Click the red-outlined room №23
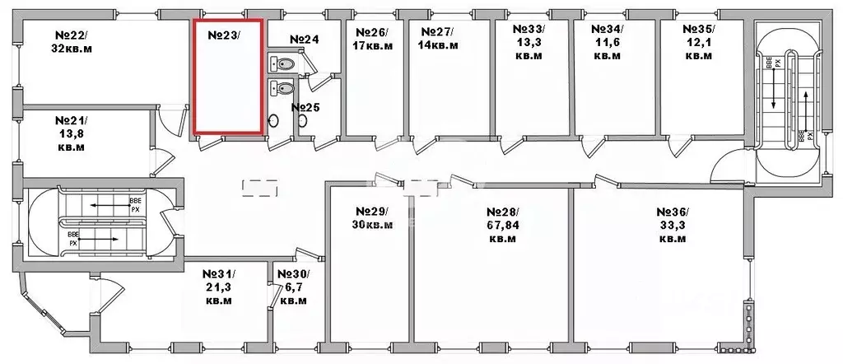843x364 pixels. point(228,21)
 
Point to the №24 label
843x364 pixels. point(305,40)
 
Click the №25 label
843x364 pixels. point(305,108)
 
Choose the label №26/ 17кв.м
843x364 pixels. point(372,39)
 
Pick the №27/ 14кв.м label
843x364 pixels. point(438,38)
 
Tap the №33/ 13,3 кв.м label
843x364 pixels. point(529,41)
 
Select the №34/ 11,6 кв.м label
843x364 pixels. point(608,41)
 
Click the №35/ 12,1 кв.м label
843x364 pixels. point(699,41)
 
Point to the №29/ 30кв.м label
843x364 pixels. point(372,217)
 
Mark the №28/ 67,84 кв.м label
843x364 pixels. point(503,225)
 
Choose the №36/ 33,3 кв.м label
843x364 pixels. point(672,225)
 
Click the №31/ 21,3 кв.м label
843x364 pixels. point(219,287)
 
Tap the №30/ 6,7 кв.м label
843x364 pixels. point(293,287)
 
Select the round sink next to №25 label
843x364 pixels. point(302,122)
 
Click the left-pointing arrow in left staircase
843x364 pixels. point(109,205)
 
